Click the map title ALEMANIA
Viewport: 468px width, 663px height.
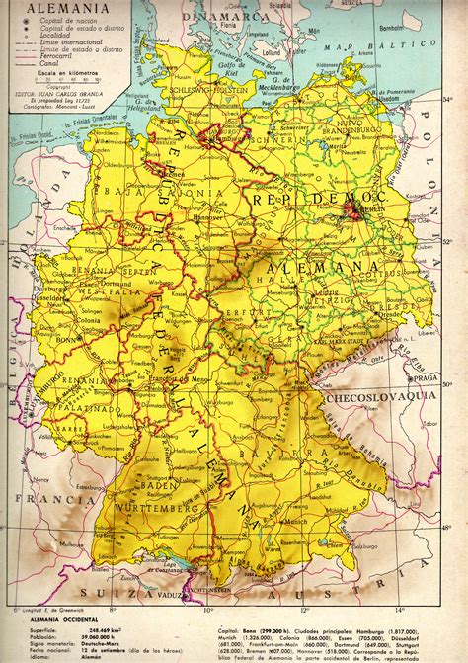pyautogui.click(x=41, y=9)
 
